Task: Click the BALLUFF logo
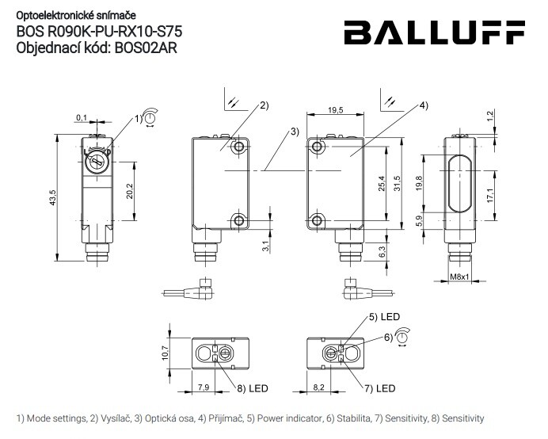pos(435,33)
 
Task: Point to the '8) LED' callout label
pos(253,389)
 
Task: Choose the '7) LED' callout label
pos(379,389)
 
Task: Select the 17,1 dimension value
pos(491,193)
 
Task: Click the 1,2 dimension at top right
pos(491,116)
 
